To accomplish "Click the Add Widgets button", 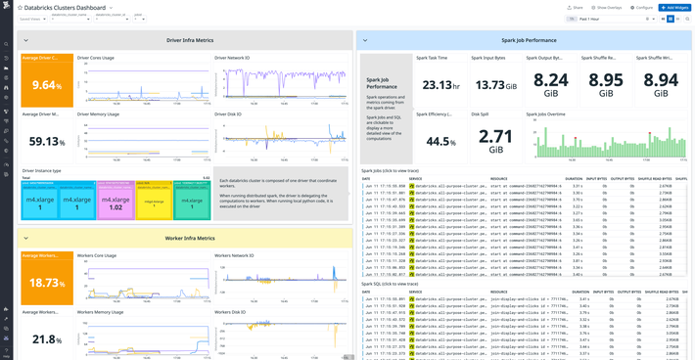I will (x=674, y=7).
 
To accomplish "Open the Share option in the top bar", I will (x=575, y=7).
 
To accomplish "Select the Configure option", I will (x=642, y=7).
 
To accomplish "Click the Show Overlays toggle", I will (x=607, y=7).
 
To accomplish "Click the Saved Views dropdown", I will (x=31, y=19).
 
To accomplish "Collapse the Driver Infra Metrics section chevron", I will (x=26, y=40).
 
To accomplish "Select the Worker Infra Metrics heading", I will (x=190, y=238).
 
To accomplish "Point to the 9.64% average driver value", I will (x=46, y=86).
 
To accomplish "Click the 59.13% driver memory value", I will (x=46, y=141).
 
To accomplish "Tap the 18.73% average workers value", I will (x=46, y=283).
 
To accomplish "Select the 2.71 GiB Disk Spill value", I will (x=496, y=137).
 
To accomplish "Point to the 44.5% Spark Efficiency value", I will (x=440, y=141).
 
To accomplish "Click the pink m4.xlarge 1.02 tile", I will (x=116, y=202).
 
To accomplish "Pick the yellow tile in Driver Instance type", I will (x=154, y=201).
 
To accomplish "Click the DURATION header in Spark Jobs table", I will (x=574, y=179).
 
